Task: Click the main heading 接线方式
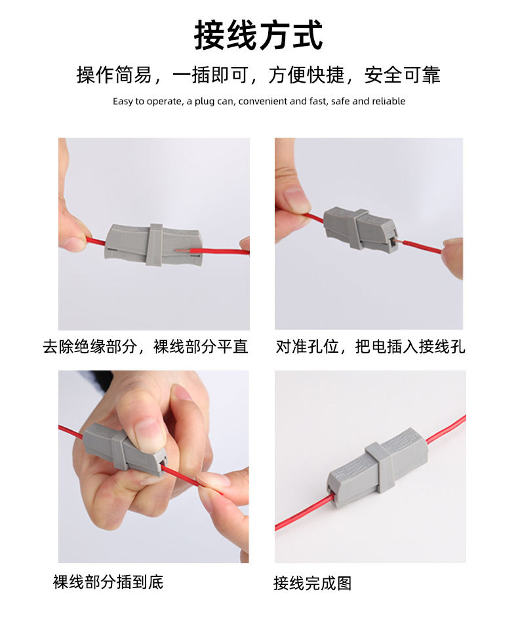click(x=258, y=35)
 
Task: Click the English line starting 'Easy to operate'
click(x=258, y=101)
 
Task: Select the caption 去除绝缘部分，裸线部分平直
click(x=146, y=346)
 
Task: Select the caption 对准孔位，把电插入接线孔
click(x=370, y=346)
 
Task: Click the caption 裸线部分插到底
click(x=108, y=582)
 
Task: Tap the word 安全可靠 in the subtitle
click(x=402, y=75)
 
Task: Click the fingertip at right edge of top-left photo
click(x=245, y=245)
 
